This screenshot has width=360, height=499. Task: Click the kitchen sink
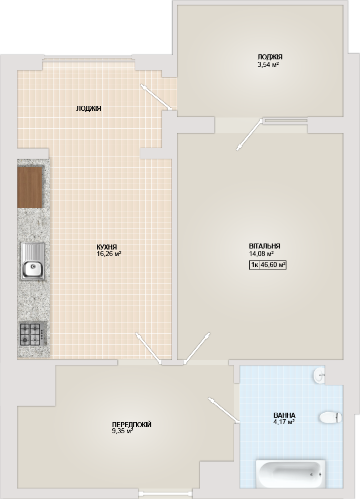33,261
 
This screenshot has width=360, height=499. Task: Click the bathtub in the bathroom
290,474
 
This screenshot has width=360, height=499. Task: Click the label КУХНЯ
107,247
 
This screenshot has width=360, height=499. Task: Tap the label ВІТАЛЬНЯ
265,246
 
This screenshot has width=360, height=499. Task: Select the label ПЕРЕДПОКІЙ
132,425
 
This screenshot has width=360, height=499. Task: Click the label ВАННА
284,415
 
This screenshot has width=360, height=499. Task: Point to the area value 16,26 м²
109,254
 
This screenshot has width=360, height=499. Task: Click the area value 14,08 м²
261,253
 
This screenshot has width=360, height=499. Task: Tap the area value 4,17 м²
284,422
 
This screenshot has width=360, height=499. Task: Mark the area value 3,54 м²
269,64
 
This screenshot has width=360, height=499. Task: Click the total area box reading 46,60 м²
273,265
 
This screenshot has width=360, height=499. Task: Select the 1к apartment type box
255,265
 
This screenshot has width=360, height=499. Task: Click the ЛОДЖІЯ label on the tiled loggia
89,108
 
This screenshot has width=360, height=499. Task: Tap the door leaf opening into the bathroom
224,410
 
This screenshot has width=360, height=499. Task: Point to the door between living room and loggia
250,134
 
